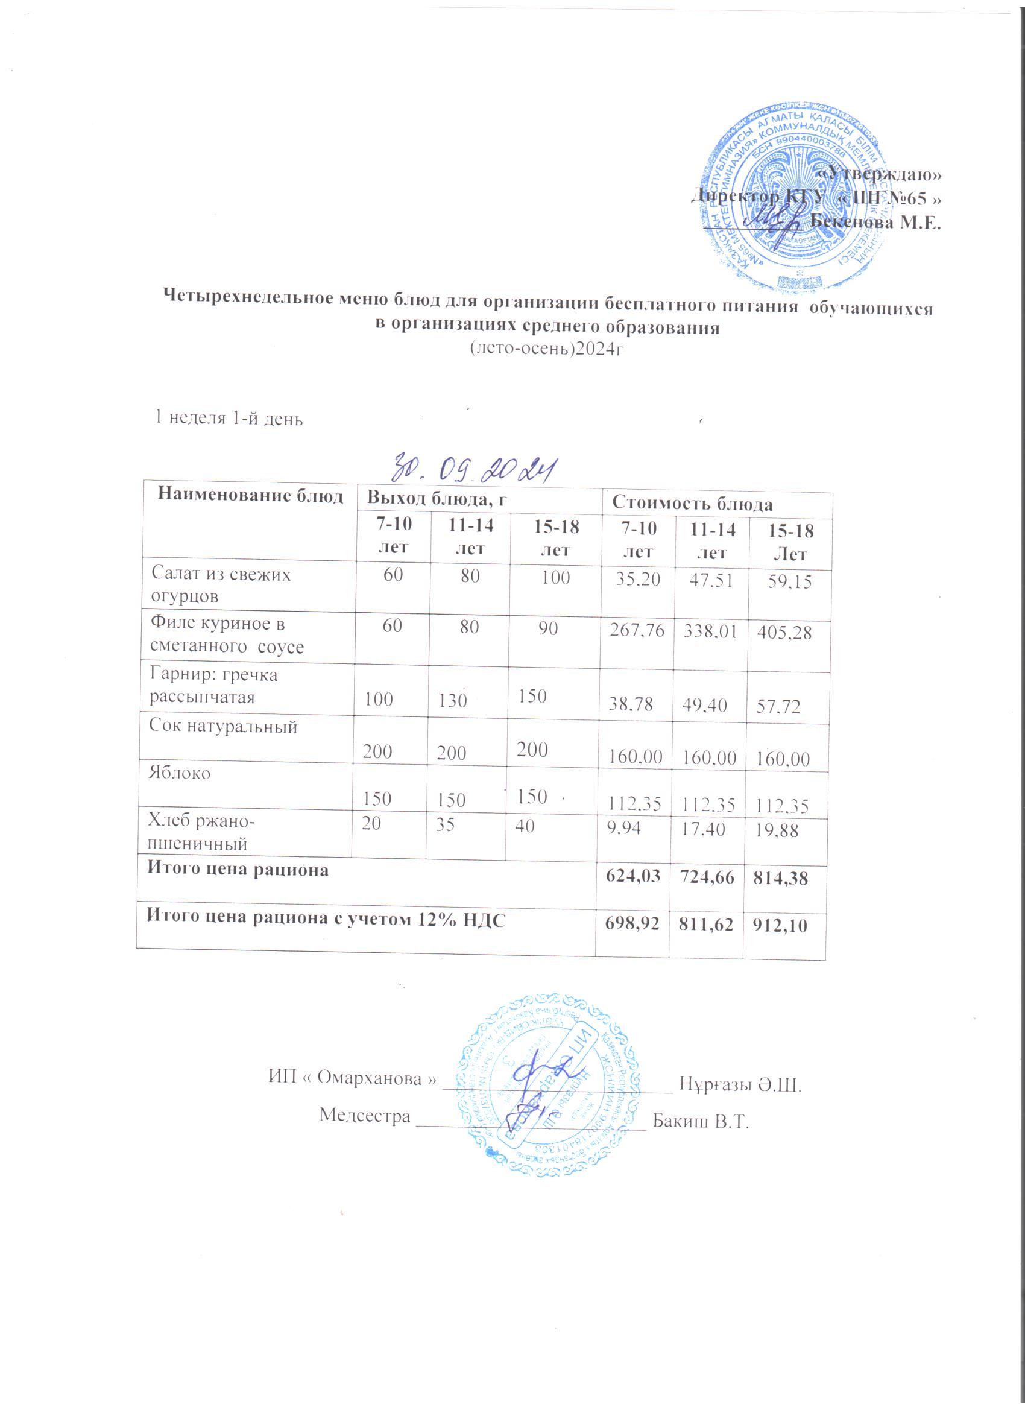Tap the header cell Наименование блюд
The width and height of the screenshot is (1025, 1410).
pyautogui.click(x=250, y=496)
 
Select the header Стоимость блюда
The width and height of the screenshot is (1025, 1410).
pyautogui.click(x=692, y=504)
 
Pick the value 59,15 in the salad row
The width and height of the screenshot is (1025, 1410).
pyautogui.click(x=789, y=583)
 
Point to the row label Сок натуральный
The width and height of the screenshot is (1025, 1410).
pyautogui.click(x=223, y=726)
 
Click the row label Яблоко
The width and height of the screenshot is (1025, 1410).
pyautogui.click(x=179, y=773)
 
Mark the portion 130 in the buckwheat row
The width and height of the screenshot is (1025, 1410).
pyautogui.click(x=451, y=701)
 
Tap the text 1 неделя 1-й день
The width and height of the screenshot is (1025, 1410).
pyautogui.click(x=229, y=418)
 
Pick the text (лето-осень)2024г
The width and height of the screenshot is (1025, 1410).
pyautogui.click(x=546, y=350)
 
